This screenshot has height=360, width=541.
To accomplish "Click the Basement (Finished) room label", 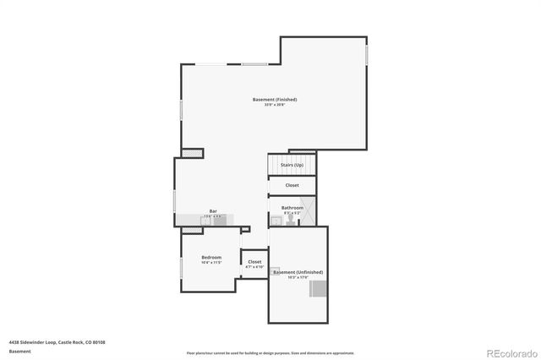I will tap(275, 100).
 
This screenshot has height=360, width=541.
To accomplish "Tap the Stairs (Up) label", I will tap(292, 165).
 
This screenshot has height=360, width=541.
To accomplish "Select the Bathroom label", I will tap(292, 207).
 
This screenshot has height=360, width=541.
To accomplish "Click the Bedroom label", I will tap(210, 257).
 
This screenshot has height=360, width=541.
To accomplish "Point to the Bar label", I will tap(213, 211).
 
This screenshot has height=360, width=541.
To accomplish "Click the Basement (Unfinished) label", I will tap(298, 272).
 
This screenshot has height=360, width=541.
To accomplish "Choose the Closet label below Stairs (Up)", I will tap(292, 185).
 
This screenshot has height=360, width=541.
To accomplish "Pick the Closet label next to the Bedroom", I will tap(254, 262).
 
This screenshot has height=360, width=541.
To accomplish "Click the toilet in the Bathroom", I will tap(290, 219).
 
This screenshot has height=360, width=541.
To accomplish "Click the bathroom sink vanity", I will tap(276, 221).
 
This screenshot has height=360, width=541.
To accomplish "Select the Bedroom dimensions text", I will tap(210, 263).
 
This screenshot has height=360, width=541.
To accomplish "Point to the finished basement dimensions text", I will tap(275, 105).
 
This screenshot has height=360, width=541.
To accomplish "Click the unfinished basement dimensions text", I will tap(298, 277).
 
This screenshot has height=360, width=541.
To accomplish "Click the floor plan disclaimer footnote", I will tap(270, 352).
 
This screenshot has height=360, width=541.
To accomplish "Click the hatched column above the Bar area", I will tap(193, 153).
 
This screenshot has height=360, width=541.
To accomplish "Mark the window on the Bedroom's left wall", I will tap(181, 267).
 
